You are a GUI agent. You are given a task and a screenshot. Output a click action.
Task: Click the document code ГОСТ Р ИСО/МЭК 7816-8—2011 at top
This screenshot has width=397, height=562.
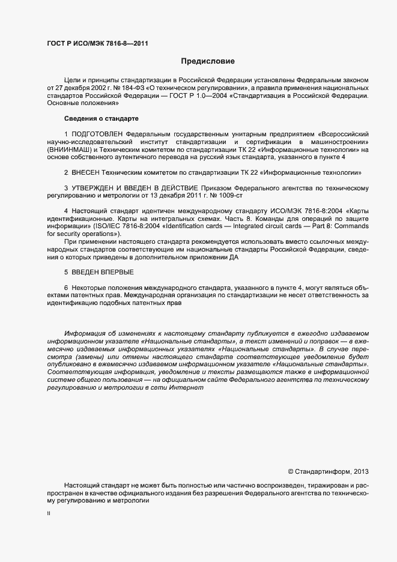coord(97,43)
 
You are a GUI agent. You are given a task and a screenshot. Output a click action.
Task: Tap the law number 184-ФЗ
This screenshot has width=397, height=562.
coord(121,88)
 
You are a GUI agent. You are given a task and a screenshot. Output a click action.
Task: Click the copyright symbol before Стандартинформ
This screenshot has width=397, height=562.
coord(291,471)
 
